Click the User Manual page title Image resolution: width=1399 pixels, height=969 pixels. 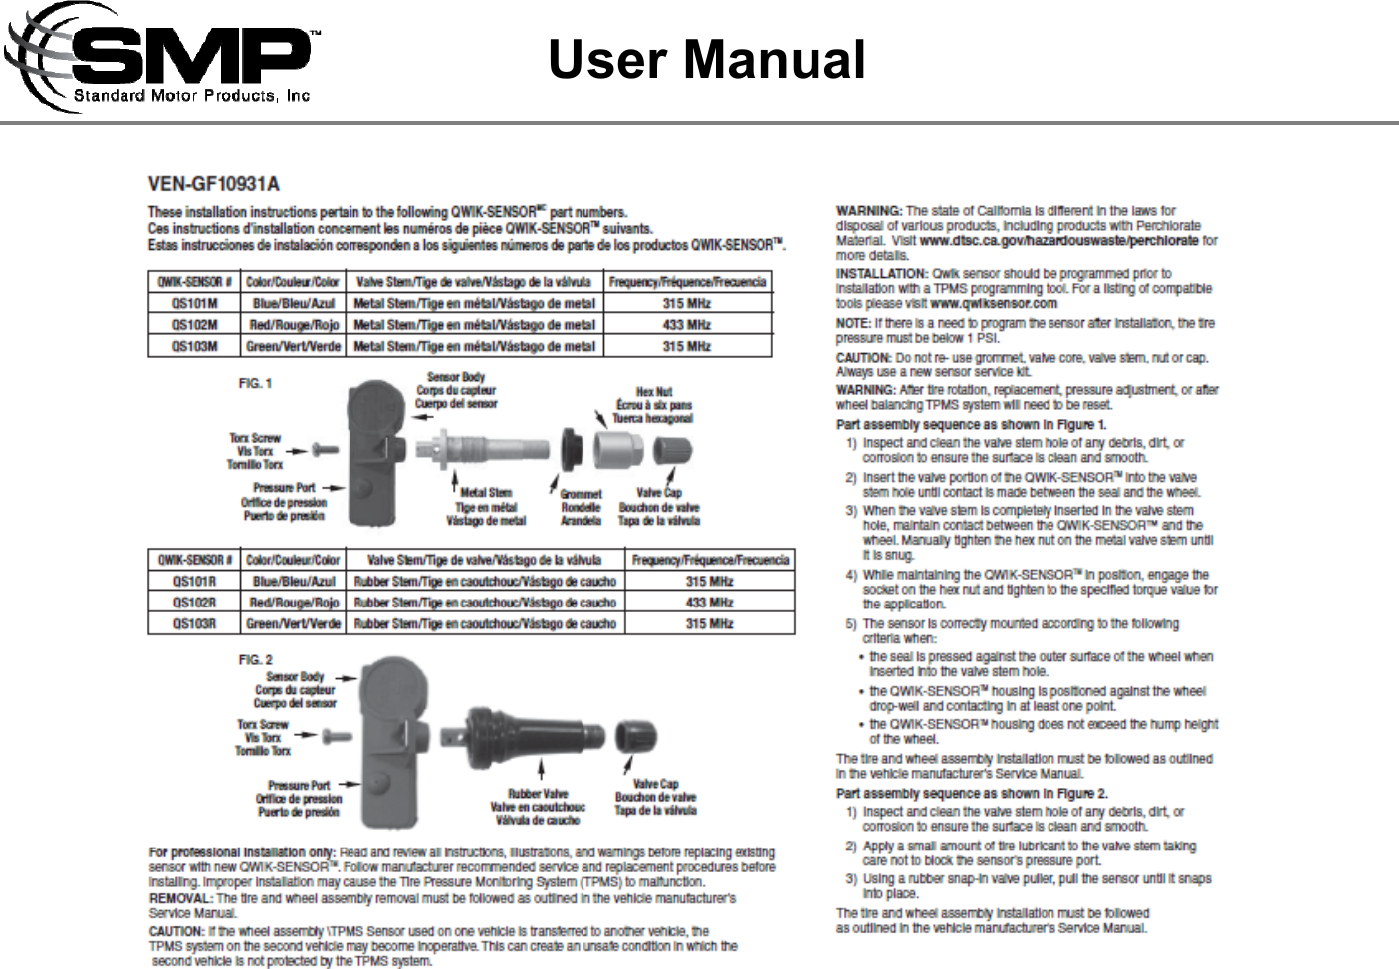pos(706,60)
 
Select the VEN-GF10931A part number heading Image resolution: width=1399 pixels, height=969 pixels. pos(214,184)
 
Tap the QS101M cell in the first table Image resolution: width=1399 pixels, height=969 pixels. pos(195,303)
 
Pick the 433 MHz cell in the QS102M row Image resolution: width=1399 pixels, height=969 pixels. pos(686,325)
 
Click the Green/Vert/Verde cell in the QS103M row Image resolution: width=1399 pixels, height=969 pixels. pos(293,346)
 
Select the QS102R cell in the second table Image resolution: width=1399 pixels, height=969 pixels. pos(195,603)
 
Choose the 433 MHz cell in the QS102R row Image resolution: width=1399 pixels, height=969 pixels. pos(709,603)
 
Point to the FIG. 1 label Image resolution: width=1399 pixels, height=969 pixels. pos(255,383)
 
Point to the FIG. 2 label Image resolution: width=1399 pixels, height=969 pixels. pos(255,659)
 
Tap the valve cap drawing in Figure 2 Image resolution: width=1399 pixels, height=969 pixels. pos(635,737)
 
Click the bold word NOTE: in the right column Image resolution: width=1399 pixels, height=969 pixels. pos(853,323)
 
